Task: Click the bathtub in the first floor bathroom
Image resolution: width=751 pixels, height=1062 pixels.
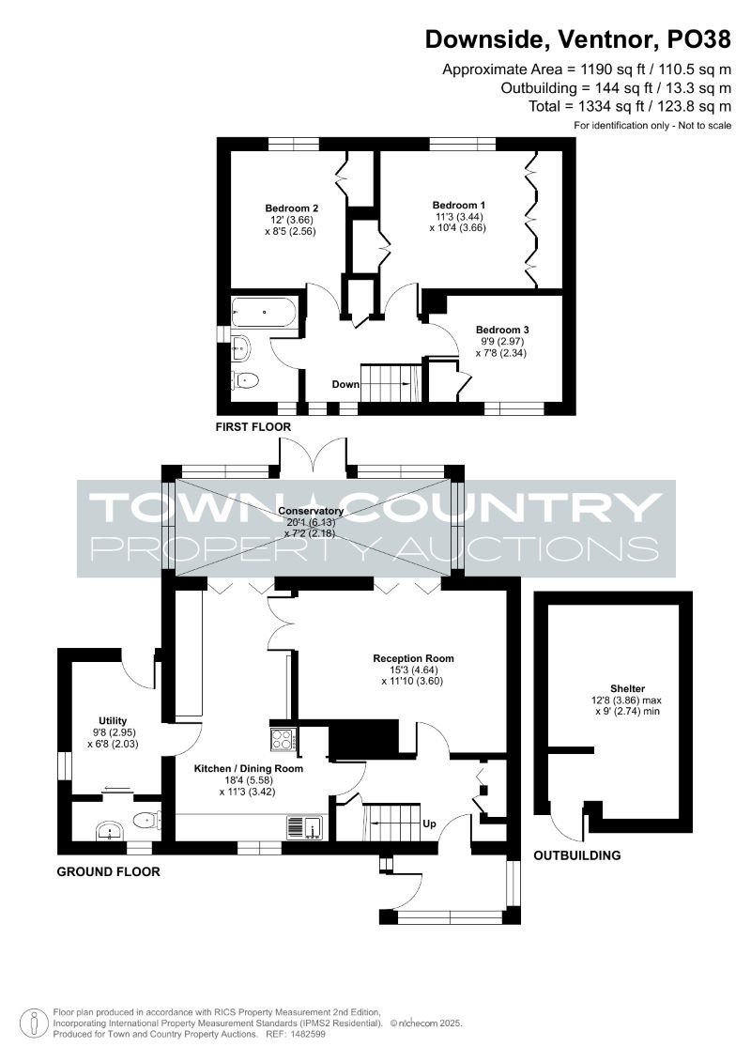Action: (265, 313)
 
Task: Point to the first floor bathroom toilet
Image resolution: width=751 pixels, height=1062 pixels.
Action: (245, 380)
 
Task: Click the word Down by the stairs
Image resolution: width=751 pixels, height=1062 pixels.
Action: (345, 384)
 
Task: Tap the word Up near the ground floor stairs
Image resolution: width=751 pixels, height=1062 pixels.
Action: (429, 823)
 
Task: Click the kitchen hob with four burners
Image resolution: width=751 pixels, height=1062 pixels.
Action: (284, 738)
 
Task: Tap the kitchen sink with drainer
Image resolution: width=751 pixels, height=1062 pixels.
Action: (305, 827)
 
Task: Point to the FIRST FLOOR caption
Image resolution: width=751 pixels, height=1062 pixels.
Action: (253, 426)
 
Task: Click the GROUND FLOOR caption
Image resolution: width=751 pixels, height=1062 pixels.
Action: (108, 871)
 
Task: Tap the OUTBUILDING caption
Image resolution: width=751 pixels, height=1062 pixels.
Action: (577, 855)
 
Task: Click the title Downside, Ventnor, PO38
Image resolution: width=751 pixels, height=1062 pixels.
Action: (577, 40)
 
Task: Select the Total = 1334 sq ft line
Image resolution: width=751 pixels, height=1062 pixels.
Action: (630, 106)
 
